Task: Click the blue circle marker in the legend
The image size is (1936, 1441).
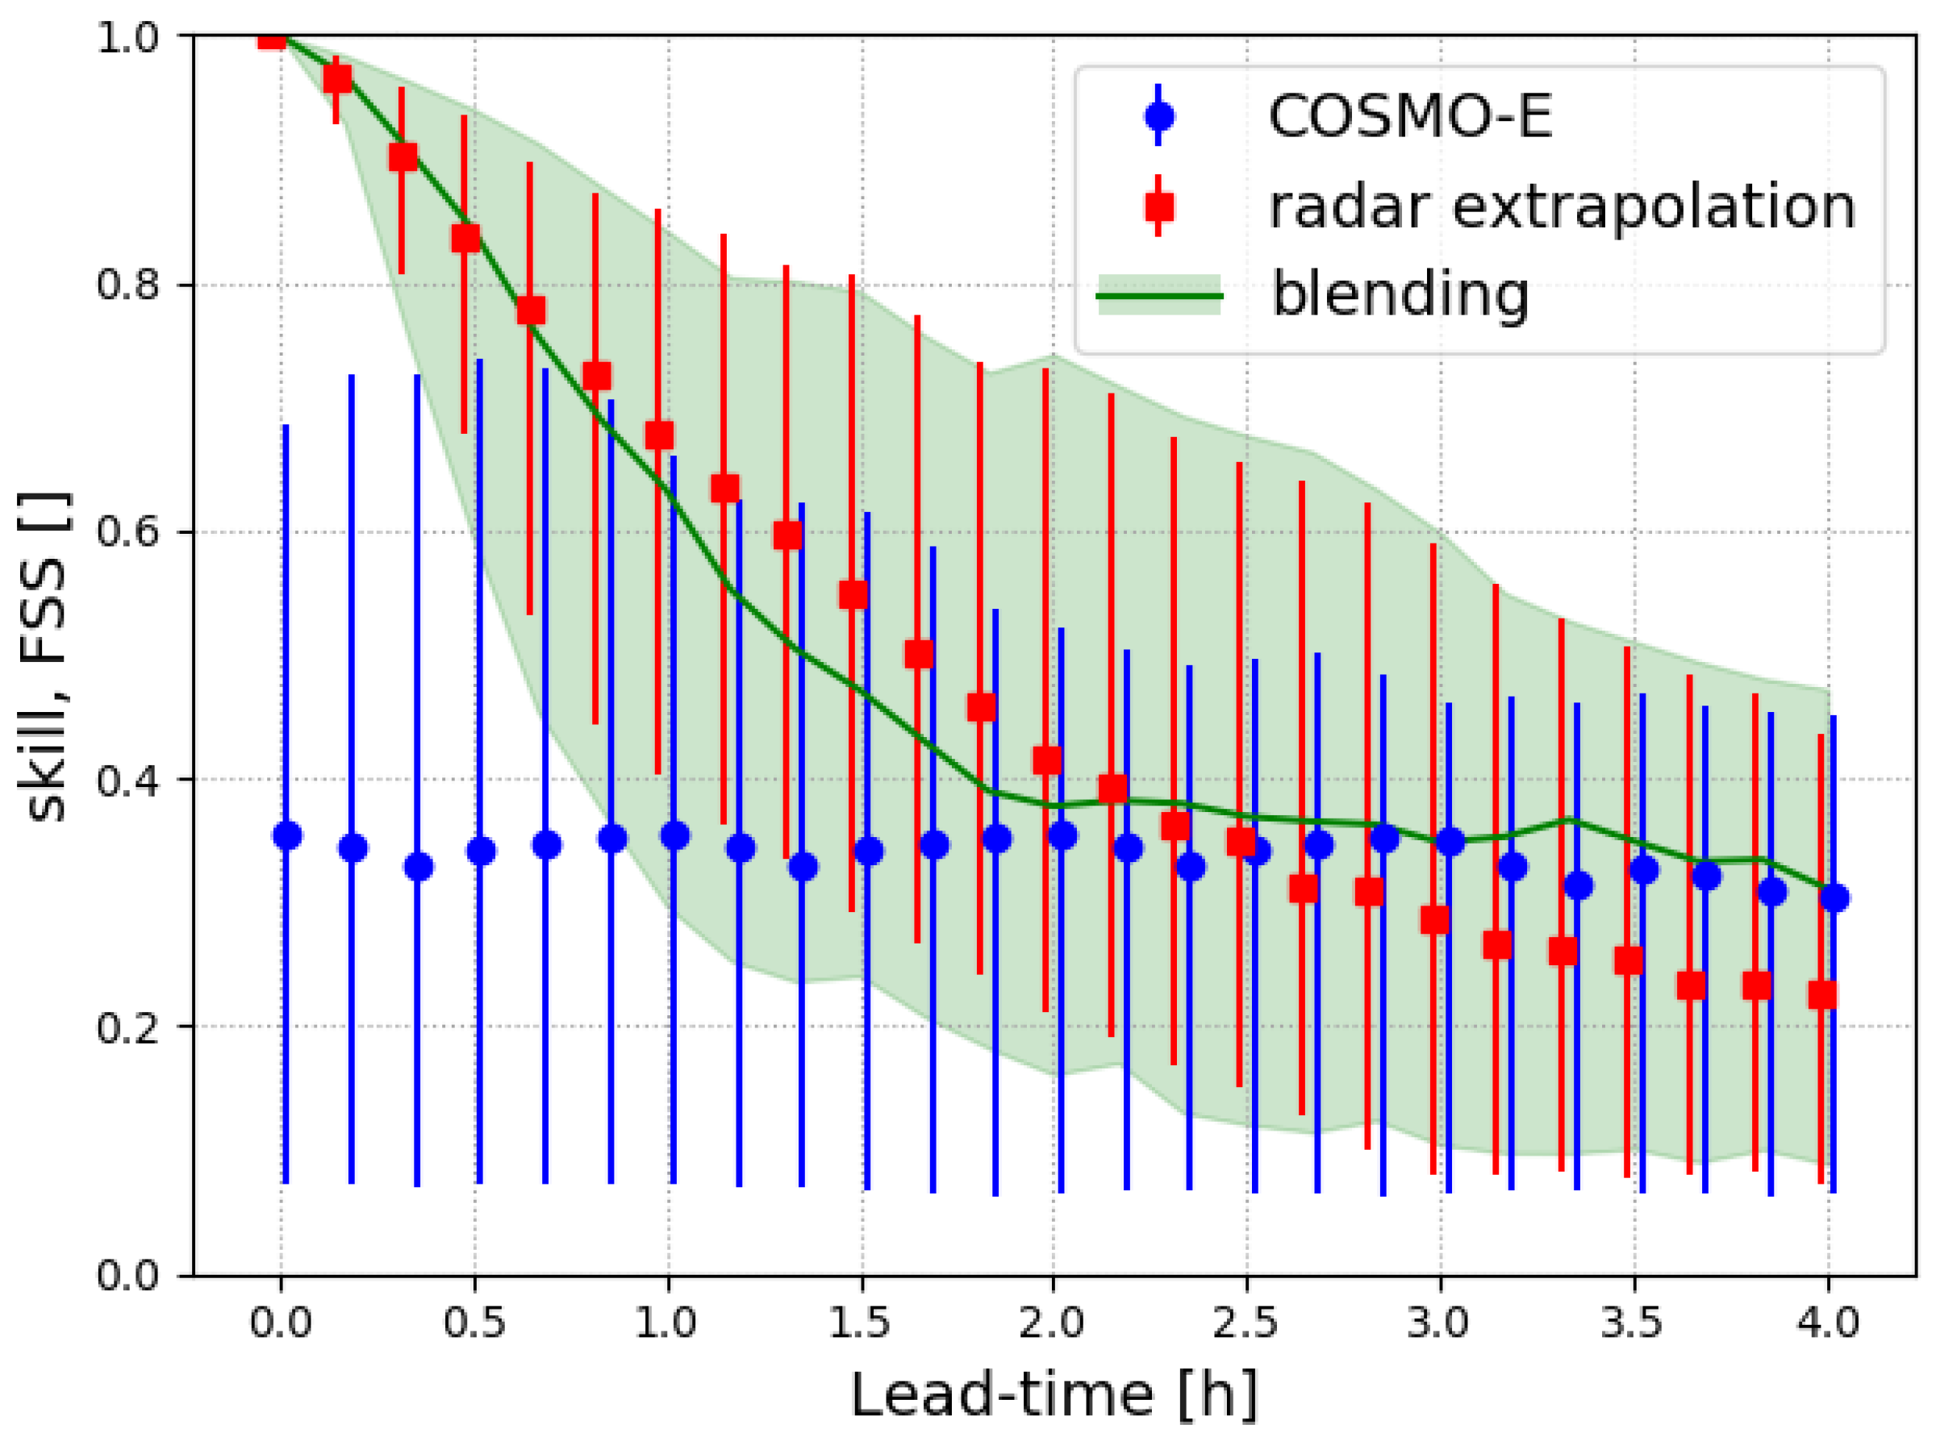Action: tap(1158, 115)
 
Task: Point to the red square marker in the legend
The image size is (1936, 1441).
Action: tap(1158, 206)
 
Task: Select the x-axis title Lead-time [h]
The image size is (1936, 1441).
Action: tap(1053, 1394)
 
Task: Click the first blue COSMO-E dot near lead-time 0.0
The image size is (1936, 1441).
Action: tap(287, 835)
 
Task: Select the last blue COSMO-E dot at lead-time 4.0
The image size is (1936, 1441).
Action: tap(1834, 898)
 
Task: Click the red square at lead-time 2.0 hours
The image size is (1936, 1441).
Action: tap(1047, 760)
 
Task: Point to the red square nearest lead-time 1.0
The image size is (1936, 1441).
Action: tap(660, 435)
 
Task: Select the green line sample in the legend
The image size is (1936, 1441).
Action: tap(1158, 297)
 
